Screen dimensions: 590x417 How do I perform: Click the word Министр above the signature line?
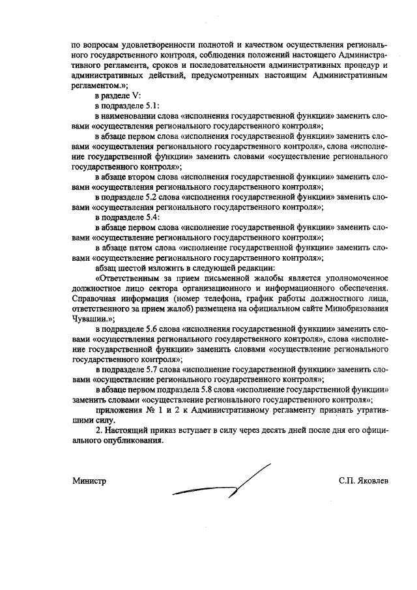pos(89,480)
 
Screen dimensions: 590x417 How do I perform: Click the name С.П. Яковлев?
pos(363,480)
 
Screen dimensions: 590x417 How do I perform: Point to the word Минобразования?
pos(356,308)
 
